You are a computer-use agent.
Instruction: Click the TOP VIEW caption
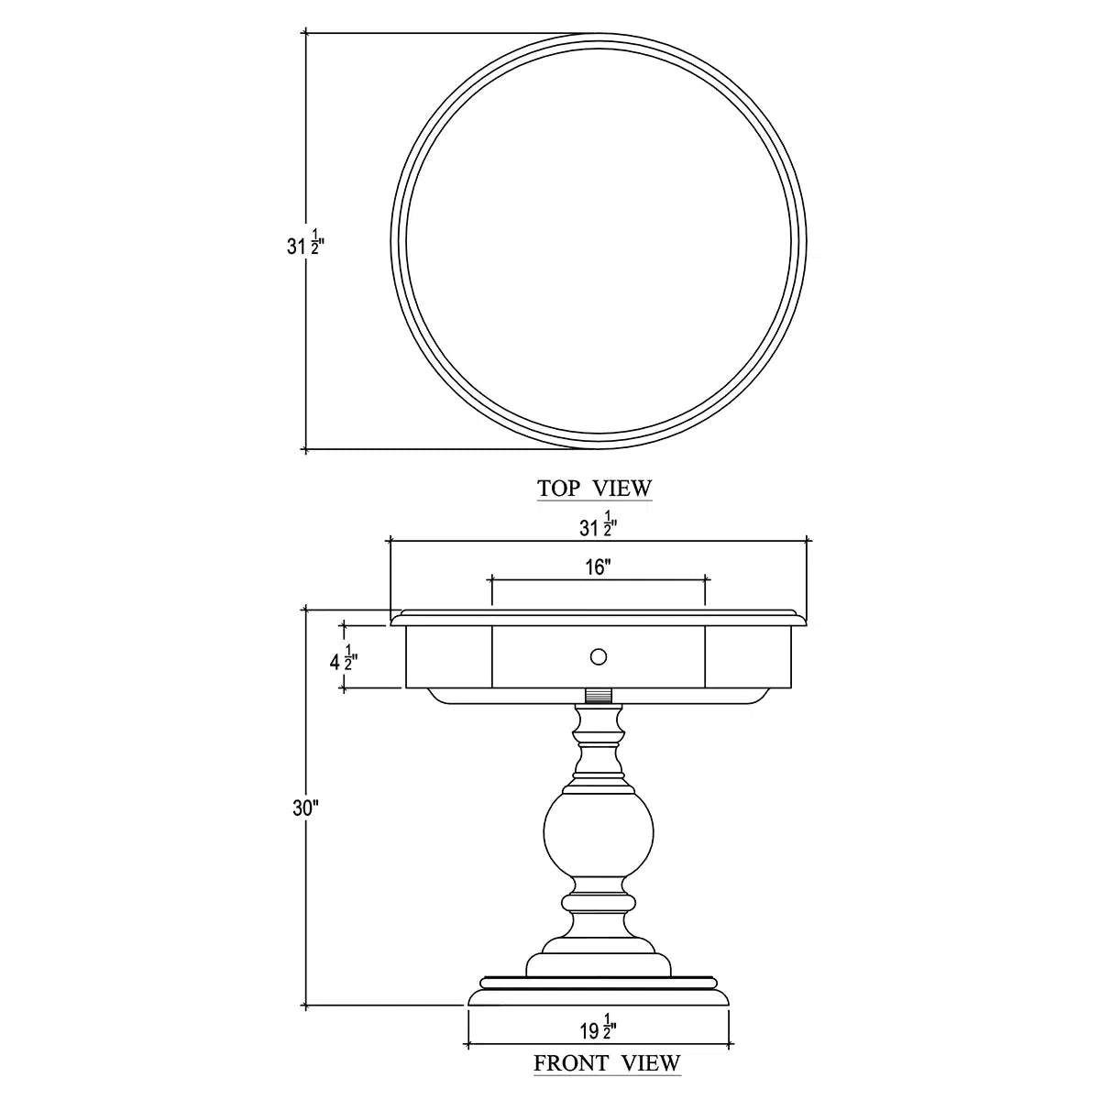click(594, 488)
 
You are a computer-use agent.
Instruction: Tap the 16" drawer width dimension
click(598, 567)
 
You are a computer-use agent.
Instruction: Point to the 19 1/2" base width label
click(599, 1028)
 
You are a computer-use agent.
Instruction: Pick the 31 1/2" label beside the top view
click(305, 243)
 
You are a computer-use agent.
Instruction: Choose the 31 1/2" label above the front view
click(599, 525)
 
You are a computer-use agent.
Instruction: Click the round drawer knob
click(599, 657)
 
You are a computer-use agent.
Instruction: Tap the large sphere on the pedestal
click(599, 837)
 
